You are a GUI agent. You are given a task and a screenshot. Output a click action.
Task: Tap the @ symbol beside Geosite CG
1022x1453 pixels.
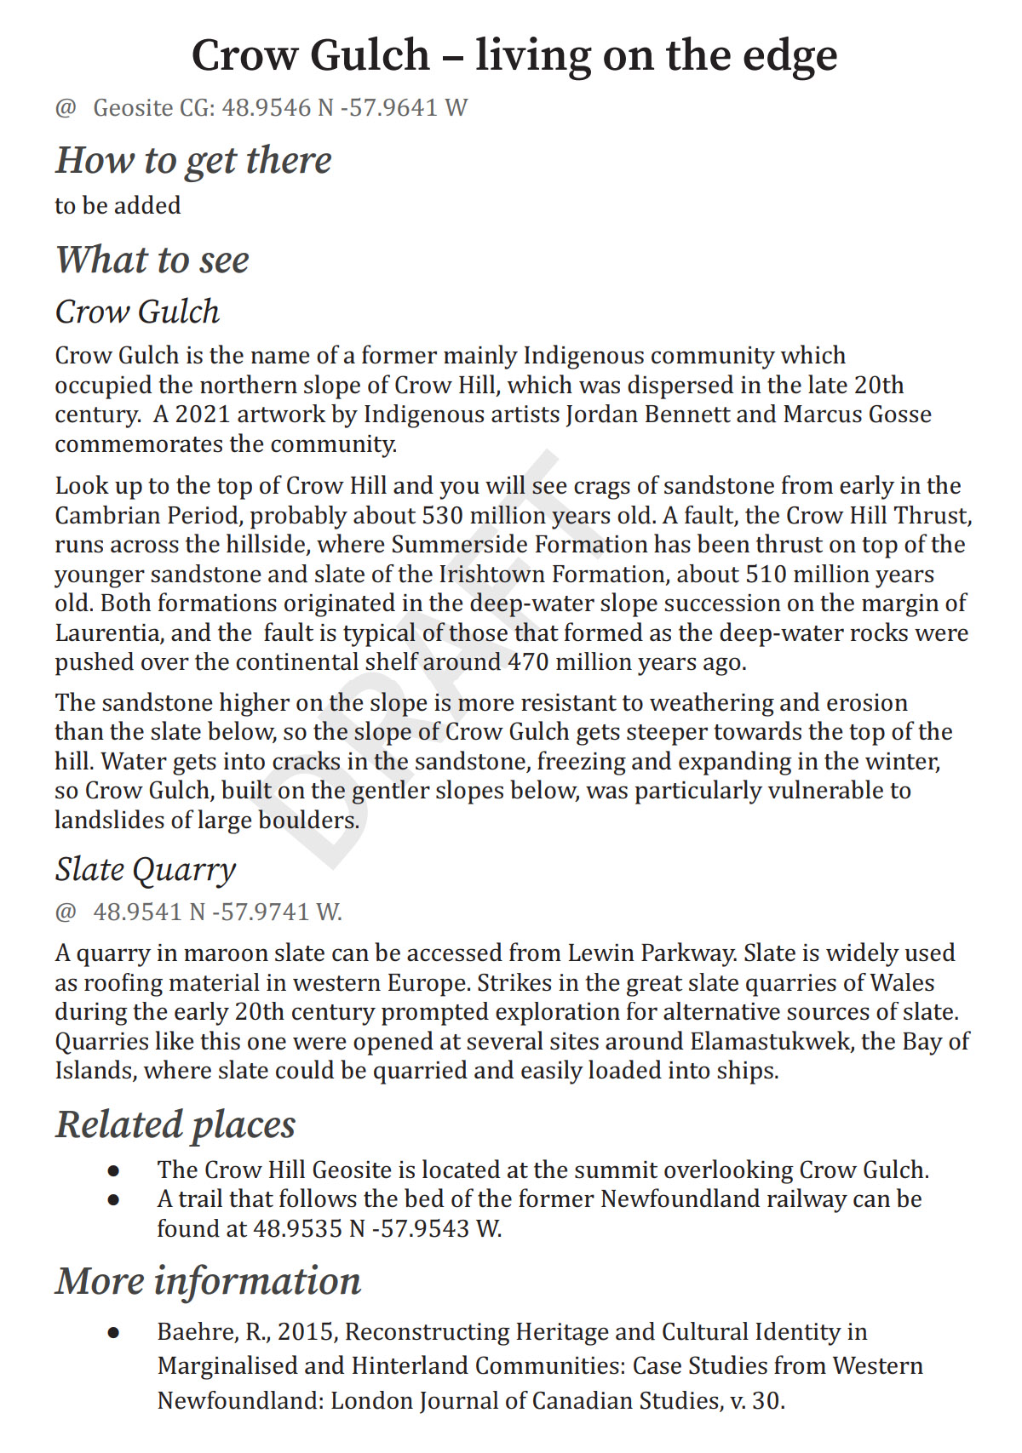[x=66, y=108]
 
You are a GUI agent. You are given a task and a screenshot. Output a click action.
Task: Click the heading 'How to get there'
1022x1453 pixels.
[x=193, y=160]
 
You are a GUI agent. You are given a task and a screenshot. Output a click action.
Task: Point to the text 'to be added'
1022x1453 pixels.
[x=118, y=206]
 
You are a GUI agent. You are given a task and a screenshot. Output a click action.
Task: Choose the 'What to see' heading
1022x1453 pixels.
[x=152, y=260]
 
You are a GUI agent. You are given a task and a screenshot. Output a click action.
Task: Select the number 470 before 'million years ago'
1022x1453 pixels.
[x=528, y=662]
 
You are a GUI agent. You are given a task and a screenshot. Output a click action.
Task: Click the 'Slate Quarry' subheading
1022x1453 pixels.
[x=146, y=870]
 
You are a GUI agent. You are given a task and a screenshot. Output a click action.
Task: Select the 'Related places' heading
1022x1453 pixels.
[x=175, y=1124]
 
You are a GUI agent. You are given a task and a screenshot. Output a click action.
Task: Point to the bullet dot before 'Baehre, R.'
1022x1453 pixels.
[x=113, y=1333]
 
